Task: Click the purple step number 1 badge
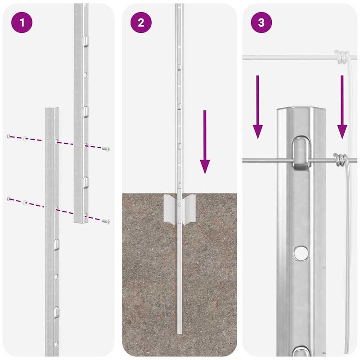pyautogui.click(x=21, y=22)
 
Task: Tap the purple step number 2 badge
pyautogui.click(x=141, y=22)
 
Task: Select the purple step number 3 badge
pyautogui.click(x=261, y=22)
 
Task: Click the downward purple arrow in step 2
pyautogui.click(x=205, y=142)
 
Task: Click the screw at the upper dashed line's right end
pyautogui.click(x=106, y=148)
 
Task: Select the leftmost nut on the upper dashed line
pyautogui.click(x=9, y=136)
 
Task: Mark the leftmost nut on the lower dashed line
pyautogui.click(x=9, y=198)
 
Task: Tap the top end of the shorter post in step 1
pyautogui.click(x=52, y=110)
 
